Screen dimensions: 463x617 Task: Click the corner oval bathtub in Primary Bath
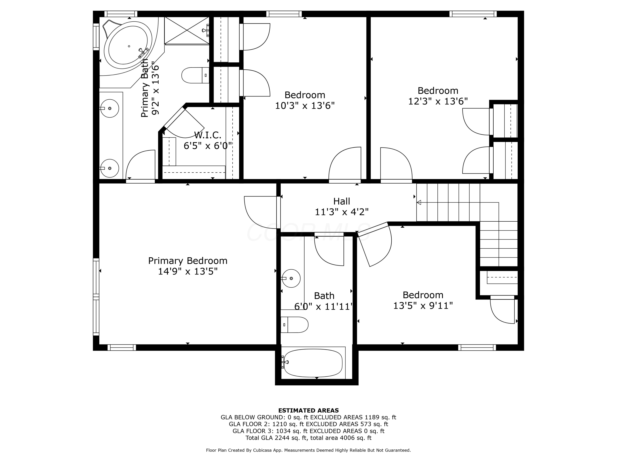coord(128,45)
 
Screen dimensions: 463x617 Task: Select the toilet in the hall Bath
coord(295,325)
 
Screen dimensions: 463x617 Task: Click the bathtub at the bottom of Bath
coord(313,363)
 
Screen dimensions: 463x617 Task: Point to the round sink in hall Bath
coord(291,278)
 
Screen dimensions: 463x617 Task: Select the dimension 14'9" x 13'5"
coord(188,271)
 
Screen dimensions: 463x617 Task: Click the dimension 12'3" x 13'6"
coord(438,101)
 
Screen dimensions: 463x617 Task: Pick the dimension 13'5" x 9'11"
coord(423,306)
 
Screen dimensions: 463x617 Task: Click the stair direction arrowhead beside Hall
coord(419,202)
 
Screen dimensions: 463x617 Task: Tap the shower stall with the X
coord(186,30)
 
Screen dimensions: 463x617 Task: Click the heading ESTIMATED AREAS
coord(308,410)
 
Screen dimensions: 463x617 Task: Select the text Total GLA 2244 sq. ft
coord(276,438)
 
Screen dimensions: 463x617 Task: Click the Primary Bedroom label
coord(188,261)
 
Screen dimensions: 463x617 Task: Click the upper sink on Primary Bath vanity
coord(110,108)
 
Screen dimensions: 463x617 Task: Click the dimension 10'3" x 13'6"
coord(305,106)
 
